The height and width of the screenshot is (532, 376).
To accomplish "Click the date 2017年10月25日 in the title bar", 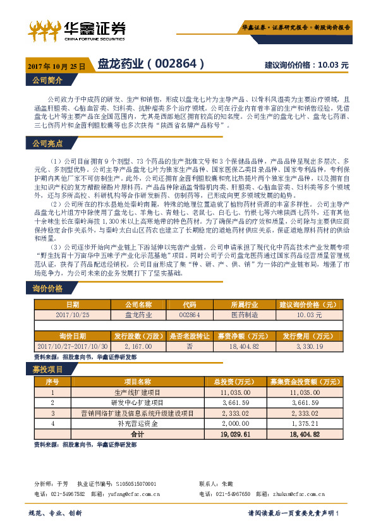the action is (x=57, y=65).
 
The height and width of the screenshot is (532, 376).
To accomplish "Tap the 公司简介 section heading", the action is (x=47, y=80).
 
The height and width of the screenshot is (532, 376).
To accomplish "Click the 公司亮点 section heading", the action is (x=47, y=144).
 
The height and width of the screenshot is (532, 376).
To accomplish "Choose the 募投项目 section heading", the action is (x=47, y=369).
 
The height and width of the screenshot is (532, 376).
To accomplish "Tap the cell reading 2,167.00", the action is (x=138, y=346).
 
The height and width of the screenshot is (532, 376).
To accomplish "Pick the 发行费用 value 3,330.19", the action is (x=309, y=346).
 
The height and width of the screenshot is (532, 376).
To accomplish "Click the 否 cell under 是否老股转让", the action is (x=190, y=346).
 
